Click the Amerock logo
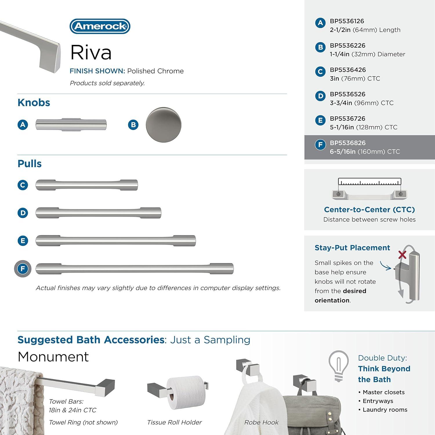click(100, 26)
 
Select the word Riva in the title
click(91, 52)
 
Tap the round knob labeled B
click(164, 125)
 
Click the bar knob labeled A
click(71, 125)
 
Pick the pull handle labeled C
click(86, 185)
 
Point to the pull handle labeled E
click(115, 241)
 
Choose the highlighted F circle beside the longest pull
click(23, 269)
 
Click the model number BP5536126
click(347, 21)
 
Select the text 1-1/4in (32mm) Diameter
click(367, 54)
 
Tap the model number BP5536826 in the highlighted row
click(347, 143)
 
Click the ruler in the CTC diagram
click(369, 182)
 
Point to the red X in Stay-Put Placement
click(402, 255)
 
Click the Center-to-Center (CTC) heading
click(369, 210)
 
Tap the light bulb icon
click(338, 365)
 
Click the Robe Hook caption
click(261, 423)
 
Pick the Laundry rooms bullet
click(385, 410)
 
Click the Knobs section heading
click(34, 103)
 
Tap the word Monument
click(53, 357)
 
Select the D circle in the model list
click(320, 96)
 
